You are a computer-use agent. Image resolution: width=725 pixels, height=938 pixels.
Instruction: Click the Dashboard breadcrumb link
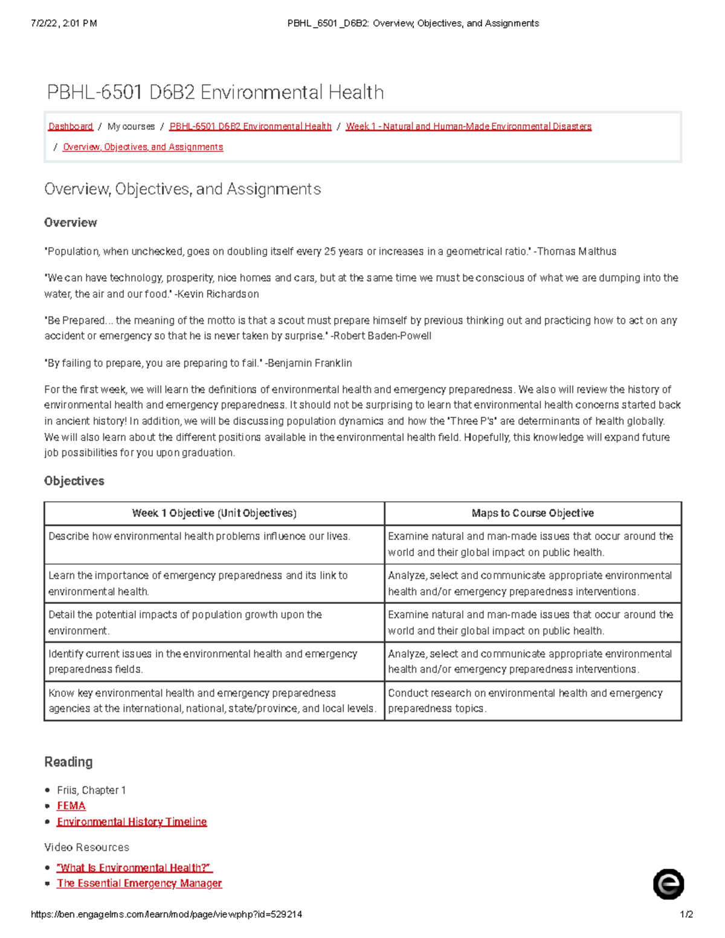coord(70,126)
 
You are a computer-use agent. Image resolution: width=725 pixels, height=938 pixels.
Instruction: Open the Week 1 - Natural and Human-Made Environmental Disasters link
coord(468,126)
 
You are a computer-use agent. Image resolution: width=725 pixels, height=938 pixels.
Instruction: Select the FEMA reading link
coord(71,806)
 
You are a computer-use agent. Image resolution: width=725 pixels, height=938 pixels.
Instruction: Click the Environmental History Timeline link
coord(132,821)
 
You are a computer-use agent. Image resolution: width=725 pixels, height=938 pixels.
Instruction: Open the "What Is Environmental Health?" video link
coord(134,867)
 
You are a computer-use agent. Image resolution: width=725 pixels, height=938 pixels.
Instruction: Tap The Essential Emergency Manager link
coord(139,883)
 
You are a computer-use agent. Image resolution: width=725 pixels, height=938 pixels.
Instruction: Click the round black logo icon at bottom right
coord(668,884)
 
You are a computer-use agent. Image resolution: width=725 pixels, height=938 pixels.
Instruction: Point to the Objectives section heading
coord(74,481)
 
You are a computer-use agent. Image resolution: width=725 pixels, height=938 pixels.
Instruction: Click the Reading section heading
coord(68,762)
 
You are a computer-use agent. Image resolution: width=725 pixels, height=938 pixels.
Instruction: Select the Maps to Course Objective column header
coord(532,513)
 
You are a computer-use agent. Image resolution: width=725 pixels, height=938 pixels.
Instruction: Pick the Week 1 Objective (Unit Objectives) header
coord(214,513)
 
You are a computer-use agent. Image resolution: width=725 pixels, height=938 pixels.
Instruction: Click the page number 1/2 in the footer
coord(686,914)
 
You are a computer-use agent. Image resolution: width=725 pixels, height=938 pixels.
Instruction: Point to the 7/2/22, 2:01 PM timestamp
coord(63,24)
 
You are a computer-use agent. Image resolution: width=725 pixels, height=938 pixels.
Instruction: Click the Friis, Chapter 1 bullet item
coord(91,790)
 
